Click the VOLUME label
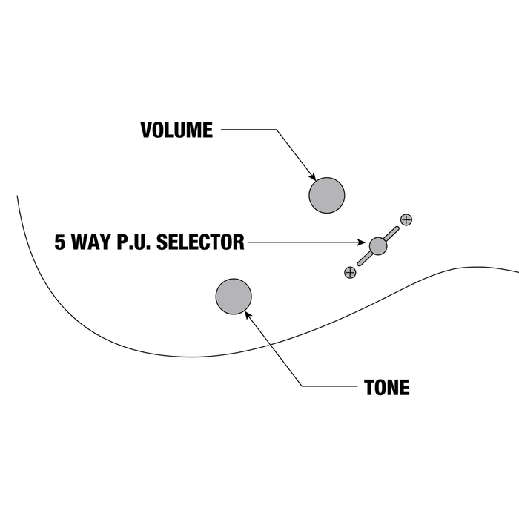click(176, 130)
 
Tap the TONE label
click(386, 387)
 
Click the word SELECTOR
click(200, 242)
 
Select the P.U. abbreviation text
click(133, 242)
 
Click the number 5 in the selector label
click(60, 242)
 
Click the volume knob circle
click(327, 195)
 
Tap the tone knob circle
click(234, 297)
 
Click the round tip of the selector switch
click(377, 246)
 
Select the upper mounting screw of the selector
click(406, 219)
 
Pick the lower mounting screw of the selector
click(350, 273)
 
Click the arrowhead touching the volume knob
click(312, 176)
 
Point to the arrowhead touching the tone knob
click(248, 315)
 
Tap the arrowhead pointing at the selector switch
click(361, 242)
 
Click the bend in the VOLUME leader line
click(276, 130)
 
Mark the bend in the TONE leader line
click(303, 386)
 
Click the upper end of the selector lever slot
click(397, 228)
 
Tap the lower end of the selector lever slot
click(360, 264)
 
